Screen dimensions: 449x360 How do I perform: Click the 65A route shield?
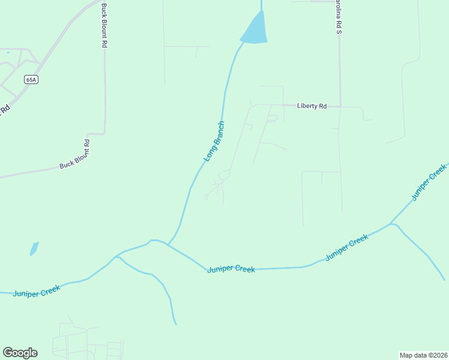pyautogui.click(x=31, y=79)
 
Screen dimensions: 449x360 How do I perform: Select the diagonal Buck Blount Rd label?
pyautogui.click(x=74, y=155)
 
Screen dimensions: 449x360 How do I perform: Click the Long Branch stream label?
pyautogui.click(x=214, y=142)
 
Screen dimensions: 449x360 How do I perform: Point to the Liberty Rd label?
pyautogui.click(x=312, y=106)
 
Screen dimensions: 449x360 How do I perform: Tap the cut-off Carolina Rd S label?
pyautogui.click(x=337, y=16)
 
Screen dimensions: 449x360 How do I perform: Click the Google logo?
pyautogui.click(x=20, y=353)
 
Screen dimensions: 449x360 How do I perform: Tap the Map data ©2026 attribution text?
pyautogui.click(x=423, y=355)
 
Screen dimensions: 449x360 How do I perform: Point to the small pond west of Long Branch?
pyautogui.click(x=34, y=248)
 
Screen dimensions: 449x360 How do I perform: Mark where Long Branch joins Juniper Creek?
pyautogui.click(x=168, y=244)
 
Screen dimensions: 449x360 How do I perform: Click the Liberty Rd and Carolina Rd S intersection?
pyautogui.click(x=340, y=107)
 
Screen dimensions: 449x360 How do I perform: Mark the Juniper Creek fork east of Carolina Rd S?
pyautogui.click(x=391, y=224)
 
